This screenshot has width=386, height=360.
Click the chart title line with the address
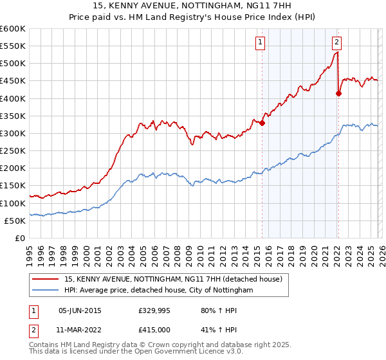coord(193,6)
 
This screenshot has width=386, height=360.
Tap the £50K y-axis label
coord(15,221)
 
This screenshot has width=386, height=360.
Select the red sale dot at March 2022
coord(339,94)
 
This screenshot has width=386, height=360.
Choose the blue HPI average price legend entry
coord(158,290)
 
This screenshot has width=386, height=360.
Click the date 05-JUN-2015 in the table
coord(80,310)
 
